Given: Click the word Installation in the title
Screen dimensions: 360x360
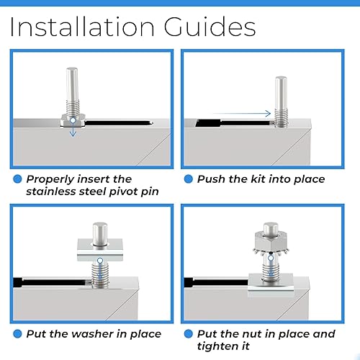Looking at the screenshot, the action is (82, 27).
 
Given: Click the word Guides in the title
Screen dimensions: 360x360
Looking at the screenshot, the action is (210, 27).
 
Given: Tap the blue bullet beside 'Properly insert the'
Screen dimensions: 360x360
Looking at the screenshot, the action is (17, 179).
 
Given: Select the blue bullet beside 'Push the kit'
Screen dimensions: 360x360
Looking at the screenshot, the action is (189, 179).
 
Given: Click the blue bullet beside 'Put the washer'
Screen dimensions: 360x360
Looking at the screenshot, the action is (17, 334).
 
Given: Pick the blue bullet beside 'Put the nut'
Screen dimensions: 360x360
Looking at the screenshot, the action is (189, 334).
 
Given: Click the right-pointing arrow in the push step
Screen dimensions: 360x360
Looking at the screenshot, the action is (242, 113).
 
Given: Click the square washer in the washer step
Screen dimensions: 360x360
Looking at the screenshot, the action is (100, 251).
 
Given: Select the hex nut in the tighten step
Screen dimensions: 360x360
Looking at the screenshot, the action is (271, 241).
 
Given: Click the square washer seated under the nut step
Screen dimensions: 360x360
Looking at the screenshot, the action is (271, 285).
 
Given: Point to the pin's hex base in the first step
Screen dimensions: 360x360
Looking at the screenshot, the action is (73, 120).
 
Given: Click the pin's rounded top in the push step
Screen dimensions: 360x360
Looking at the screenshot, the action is (281, 78).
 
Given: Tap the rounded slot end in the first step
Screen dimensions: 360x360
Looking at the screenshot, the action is (150, 123).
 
